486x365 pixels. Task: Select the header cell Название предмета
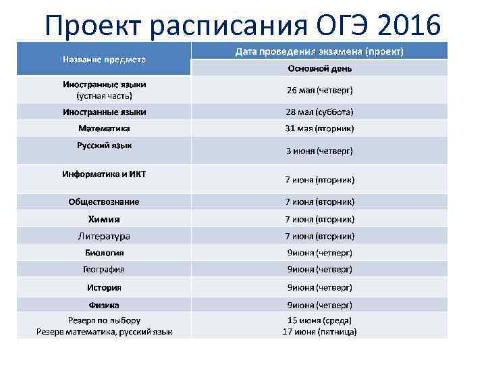(104, 59)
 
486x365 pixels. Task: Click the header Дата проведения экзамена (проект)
(319, 51)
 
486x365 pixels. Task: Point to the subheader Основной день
(319, 68)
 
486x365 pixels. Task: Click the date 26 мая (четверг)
(319, 90)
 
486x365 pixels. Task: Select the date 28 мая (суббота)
(319, 112)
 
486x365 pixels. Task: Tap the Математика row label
(104, 128)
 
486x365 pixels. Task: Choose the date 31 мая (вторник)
(319, 128)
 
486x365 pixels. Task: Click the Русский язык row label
(104, 145)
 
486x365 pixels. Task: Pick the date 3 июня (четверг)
(319, 151)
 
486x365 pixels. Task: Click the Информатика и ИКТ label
(104, 174)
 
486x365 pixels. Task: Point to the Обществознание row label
(104, 201)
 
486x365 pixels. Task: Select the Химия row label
(104, 219)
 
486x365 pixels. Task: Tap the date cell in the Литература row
(319, 236)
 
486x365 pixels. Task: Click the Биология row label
(104, 253)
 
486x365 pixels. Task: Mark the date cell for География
(319, 269)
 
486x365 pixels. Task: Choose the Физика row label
(104, 305)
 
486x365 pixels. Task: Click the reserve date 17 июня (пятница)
(319, 332)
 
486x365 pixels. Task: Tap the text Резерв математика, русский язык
(104, 332)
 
